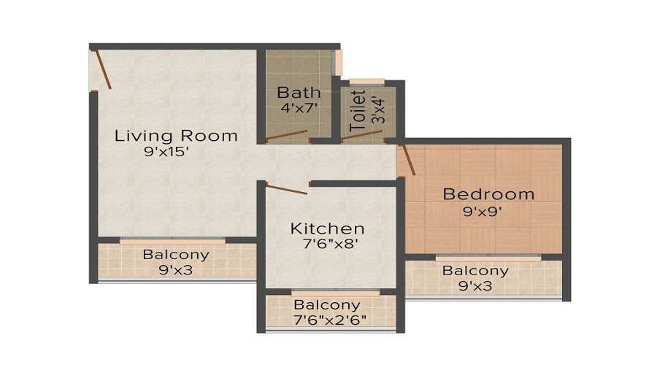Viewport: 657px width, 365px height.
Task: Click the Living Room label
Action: click(176, 136)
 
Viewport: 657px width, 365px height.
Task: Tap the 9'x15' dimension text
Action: click(167, 153)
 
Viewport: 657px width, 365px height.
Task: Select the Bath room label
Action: click(299, 93)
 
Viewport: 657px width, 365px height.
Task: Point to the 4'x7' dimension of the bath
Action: click(299, 108)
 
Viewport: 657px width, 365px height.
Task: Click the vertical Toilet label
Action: click(358, 111)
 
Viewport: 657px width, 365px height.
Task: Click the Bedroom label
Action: click(489, 194)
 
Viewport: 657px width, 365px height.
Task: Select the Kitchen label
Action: click(328, 228)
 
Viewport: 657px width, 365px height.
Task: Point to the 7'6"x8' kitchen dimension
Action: click(328, 245)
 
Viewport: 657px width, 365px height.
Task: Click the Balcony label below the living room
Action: click(176, 255)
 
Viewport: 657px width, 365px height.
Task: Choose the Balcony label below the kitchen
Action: click(327, 305)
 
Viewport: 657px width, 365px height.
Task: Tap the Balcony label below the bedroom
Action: click(476, 271)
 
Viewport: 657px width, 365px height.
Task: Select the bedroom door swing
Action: click(407, 160)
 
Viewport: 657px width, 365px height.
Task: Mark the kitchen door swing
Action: click(286, 189)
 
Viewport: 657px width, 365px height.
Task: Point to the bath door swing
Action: click(286, 135)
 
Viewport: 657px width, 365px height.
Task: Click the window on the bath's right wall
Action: click(337, 63)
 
